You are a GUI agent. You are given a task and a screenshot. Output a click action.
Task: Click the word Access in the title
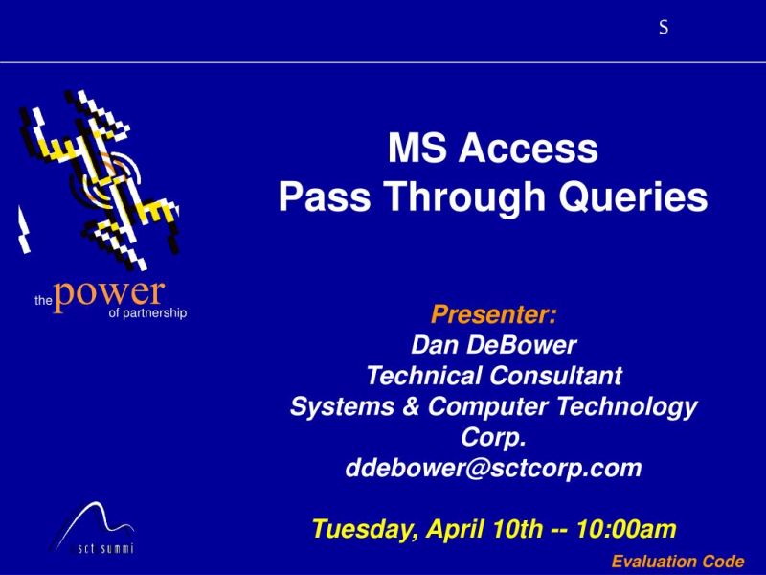click(529, 149)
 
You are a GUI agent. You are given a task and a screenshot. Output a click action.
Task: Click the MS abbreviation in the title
click(418, 149)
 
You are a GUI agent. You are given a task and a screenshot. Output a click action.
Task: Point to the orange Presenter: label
click(494, 314)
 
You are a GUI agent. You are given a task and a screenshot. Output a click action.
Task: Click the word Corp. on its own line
click(494, 437)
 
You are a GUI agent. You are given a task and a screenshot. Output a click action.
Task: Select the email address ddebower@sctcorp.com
click(494, 469)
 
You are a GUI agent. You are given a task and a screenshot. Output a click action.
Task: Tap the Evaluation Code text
click(677, 562)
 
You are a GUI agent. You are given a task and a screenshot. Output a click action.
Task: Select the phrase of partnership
click(147, 312)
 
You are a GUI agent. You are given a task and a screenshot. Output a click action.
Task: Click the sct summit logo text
click(105, 549)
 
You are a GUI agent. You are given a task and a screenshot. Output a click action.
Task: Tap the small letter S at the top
click(664, 29)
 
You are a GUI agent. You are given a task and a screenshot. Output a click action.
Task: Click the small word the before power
click(42, 300)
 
